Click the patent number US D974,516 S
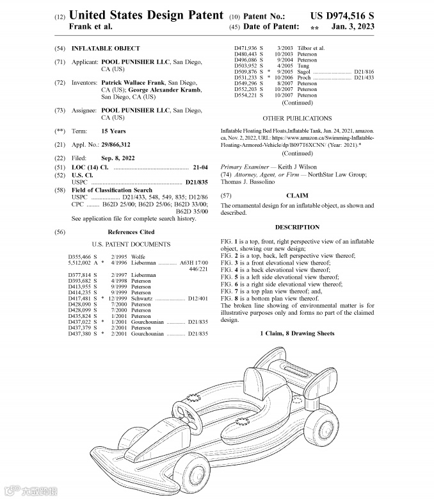(x=342, y=14)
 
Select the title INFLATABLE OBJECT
(x=106, y=48)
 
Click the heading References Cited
(x=131, y=232)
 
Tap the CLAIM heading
(x=296, y=195)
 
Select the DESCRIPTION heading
(x=297, y=227)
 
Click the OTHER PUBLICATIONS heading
(x=297, y=119)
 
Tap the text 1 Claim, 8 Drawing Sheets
(x=297, y=333)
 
